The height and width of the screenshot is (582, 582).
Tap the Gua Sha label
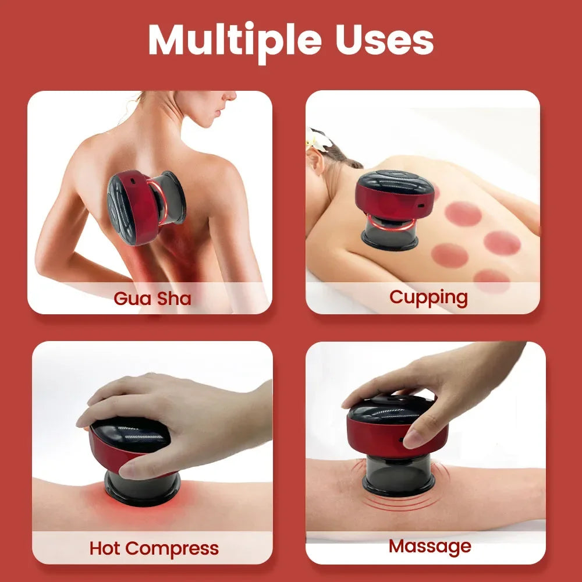pyautogui.click(x=152, y=299)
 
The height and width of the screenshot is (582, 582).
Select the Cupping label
pyautogui.click(x=428, y=297)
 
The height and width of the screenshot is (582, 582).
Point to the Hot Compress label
pyautogui.click(x=154, y=548)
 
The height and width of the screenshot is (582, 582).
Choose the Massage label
pyautogui.click(x=430, y=546)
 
